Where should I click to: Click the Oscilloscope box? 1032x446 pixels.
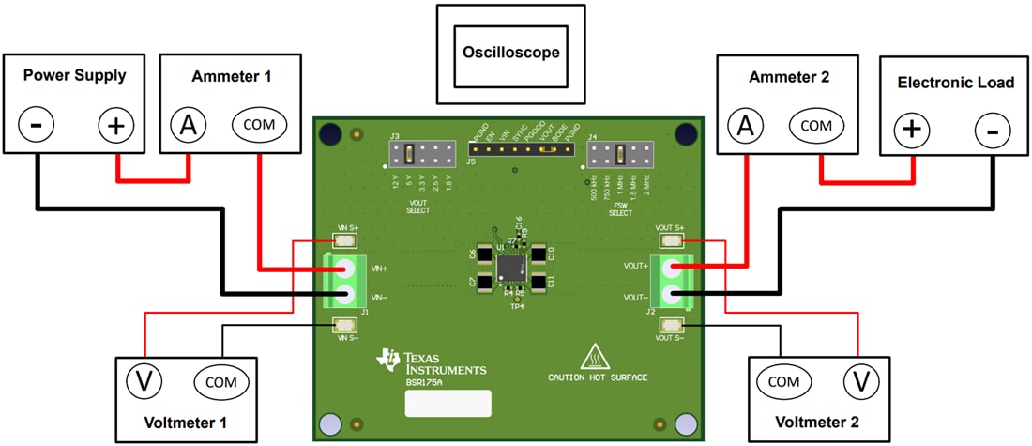510,53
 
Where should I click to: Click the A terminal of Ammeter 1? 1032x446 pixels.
188,124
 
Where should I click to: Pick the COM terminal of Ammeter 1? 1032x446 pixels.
260,124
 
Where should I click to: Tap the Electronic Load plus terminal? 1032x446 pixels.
910,131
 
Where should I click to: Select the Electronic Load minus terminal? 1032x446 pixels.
992,131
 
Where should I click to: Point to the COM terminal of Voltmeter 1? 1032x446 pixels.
221,382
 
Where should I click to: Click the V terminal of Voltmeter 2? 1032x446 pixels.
858,380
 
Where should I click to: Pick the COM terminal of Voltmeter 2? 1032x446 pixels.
784,382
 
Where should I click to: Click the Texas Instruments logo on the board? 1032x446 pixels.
432,362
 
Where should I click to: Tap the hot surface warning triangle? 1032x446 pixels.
593,358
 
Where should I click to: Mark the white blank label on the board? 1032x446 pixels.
448,404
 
